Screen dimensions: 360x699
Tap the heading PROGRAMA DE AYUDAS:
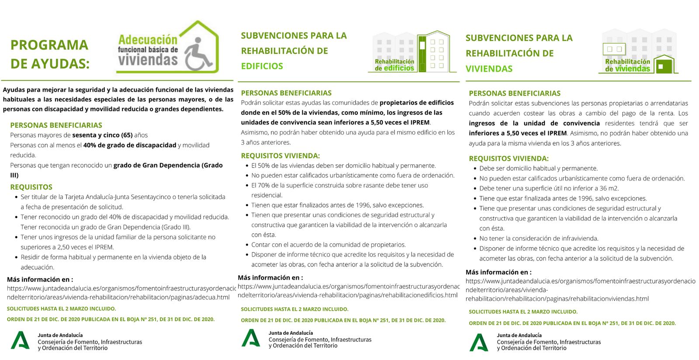coord(49,54)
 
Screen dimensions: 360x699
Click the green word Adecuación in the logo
coord(148,40)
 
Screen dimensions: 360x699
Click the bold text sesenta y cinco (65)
coord(102,135)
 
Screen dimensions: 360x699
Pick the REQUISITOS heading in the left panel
coord(31,187)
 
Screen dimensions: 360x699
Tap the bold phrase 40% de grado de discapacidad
coord(129,145)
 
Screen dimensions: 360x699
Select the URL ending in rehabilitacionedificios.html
coord(348,291)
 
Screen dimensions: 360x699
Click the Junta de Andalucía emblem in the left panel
coord(20,341)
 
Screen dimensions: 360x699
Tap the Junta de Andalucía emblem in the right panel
coord(479,343)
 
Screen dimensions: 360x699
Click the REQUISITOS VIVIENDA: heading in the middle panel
coord(280,156)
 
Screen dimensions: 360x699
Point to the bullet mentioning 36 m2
coord(549,188)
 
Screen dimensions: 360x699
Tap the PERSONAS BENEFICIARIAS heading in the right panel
coord(514,93)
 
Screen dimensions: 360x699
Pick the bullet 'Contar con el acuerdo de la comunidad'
coord(328,245)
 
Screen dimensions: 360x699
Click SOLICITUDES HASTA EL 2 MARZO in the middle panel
coord(294,309)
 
